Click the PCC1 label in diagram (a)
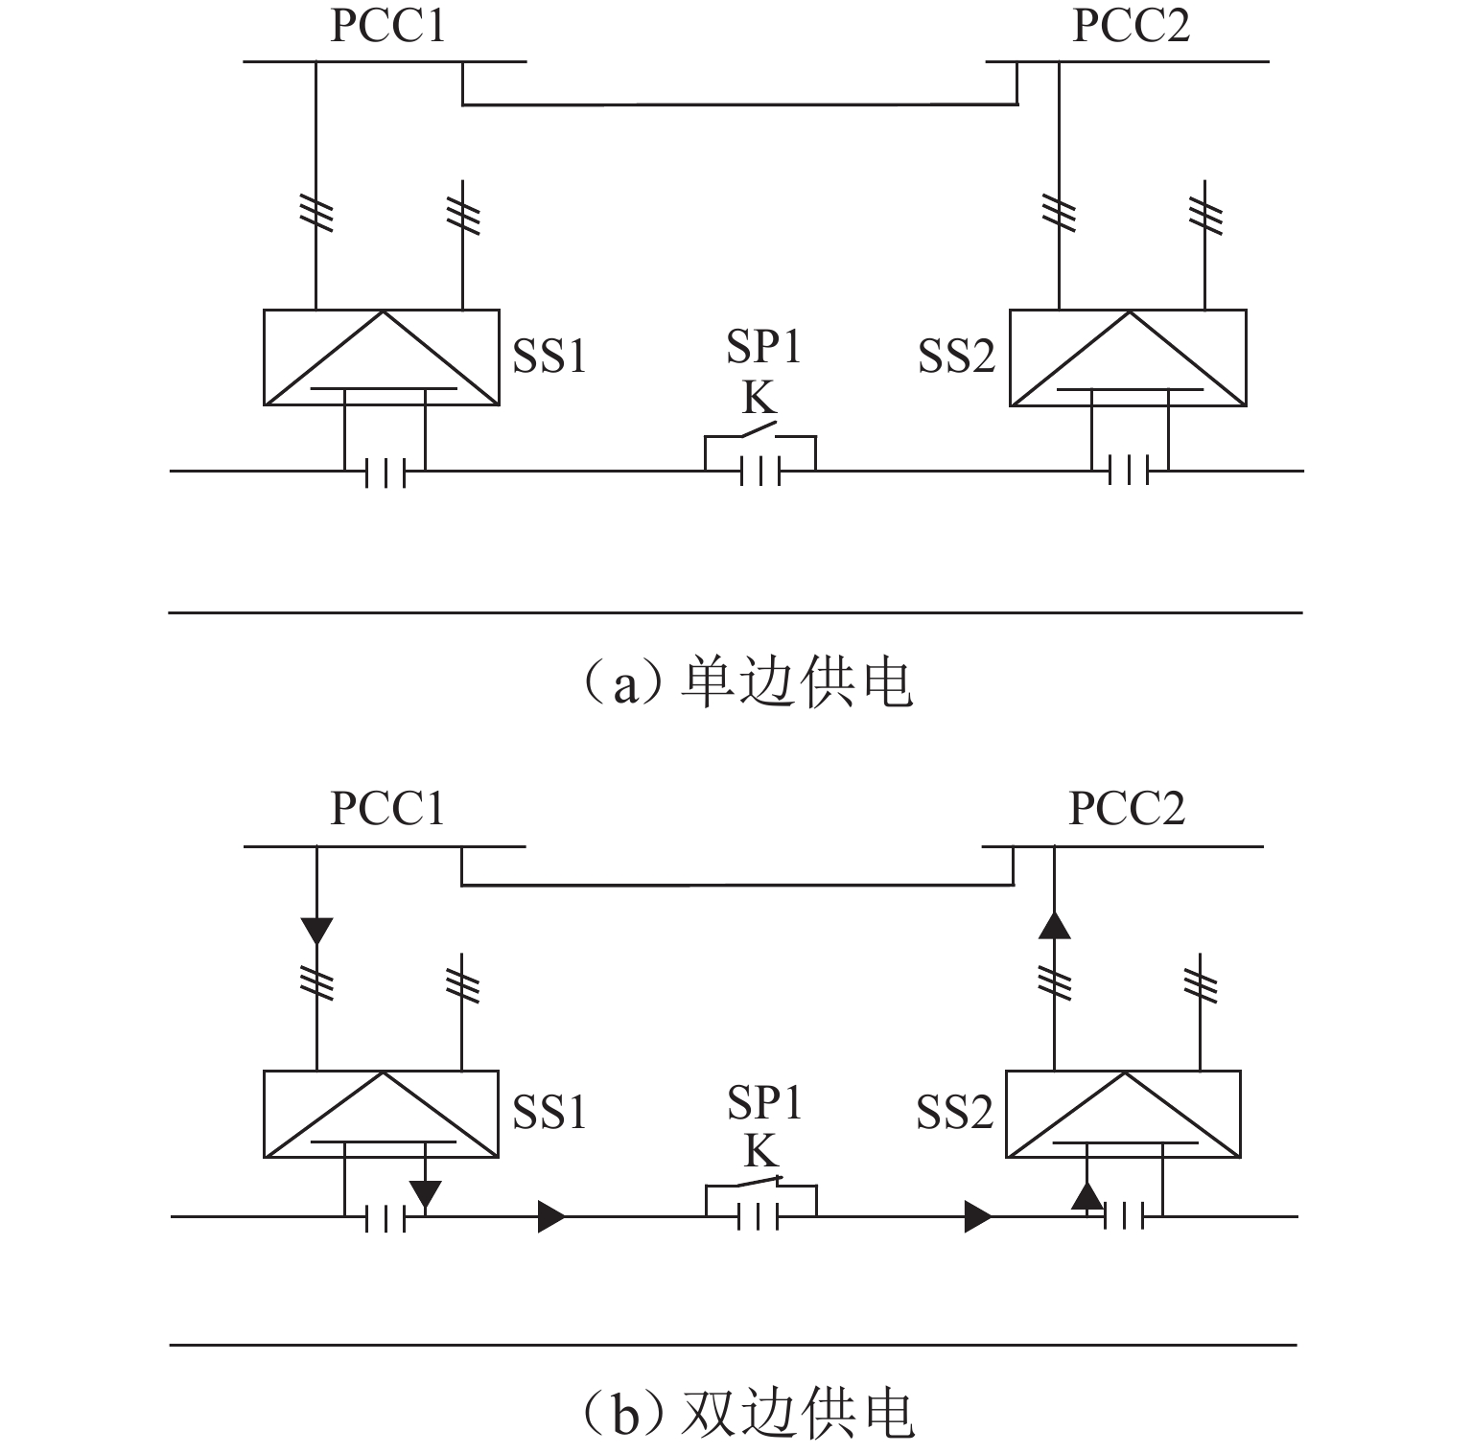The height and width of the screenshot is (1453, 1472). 387,25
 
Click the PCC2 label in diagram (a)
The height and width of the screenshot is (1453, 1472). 1131,25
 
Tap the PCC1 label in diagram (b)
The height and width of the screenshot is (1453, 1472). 387,808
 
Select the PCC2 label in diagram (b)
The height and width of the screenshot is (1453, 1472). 1127,808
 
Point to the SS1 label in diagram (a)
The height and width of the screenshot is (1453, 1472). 549,356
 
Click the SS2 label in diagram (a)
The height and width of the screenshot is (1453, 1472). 957,356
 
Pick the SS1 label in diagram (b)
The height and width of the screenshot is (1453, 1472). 549,1112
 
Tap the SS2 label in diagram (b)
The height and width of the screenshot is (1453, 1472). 954,1112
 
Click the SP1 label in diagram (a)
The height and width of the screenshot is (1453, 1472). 762,346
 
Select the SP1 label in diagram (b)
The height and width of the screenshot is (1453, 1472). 762,1102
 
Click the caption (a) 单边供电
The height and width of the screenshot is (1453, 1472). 747,683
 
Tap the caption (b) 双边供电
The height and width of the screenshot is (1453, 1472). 747,1413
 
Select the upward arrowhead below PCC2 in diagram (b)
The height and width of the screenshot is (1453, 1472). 1055,924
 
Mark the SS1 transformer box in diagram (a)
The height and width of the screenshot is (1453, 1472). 382,357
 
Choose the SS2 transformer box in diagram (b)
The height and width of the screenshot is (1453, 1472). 1123,1114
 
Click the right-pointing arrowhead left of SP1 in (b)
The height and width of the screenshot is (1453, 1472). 551,1216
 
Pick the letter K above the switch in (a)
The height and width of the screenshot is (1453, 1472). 759,397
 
